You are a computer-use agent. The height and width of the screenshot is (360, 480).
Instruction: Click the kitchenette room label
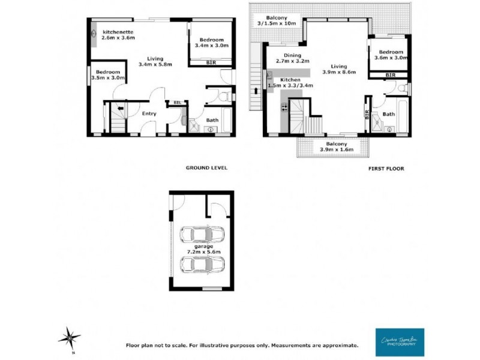[x=118, y=34]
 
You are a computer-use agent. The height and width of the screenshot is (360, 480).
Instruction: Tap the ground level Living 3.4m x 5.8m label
[x=155, y=61]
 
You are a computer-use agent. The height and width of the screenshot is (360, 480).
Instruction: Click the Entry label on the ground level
[x=149, y=113]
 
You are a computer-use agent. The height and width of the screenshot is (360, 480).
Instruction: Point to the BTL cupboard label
[x=177, y=103]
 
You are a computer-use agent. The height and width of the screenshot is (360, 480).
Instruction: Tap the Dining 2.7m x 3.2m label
[x=289, y=58]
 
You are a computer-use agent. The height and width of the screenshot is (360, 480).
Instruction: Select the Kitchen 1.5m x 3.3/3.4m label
[x=293, y=83]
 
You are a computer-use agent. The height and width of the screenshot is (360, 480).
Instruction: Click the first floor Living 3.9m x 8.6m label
[x=339, y=69]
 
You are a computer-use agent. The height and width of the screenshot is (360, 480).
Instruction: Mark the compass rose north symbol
[x=70, y=337]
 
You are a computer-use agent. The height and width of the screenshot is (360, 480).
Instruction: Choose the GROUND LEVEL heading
[x=206, y=168]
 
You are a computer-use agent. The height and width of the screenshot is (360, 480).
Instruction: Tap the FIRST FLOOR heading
[x=386, y=169]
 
